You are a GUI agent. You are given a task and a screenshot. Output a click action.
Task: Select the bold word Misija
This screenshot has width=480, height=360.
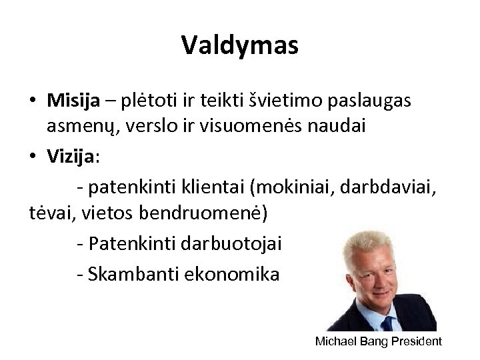(72, 100)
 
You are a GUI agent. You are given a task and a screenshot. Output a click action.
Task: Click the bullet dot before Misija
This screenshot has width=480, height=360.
(32, 101)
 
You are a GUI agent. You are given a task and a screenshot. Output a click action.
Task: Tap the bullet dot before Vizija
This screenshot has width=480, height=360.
(32, 156)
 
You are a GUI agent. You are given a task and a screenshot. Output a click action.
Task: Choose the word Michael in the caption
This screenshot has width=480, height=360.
(335, 341)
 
